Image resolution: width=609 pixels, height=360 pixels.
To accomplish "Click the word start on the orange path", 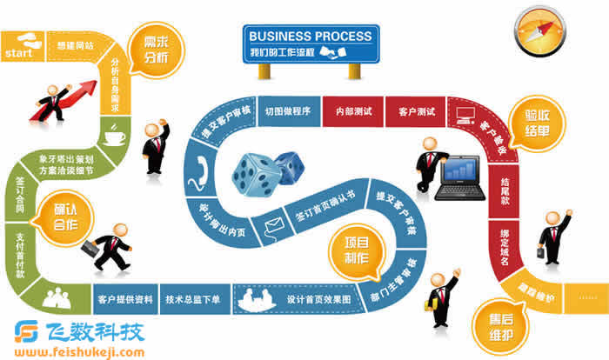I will (x=19, y=54).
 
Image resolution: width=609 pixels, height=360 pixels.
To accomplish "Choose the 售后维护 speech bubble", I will (x=495, y=323).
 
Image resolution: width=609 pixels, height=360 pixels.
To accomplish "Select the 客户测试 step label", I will (x=416, y=112).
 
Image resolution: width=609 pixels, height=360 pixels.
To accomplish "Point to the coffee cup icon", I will (x=115, y=136).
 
